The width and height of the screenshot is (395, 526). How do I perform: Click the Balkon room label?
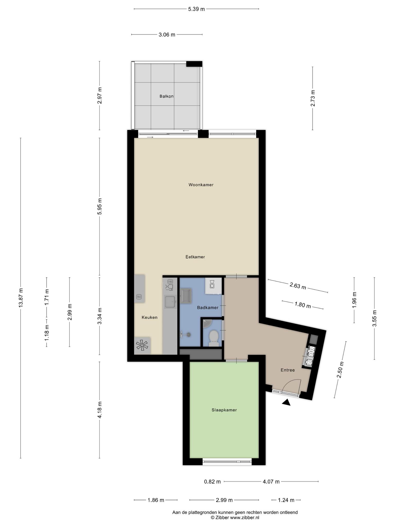(x=166, y=96)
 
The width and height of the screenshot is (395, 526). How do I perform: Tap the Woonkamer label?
(x=201, y=185)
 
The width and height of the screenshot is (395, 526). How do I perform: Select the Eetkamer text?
(x=195, y=257)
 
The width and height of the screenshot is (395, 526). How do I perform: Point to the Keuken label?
(x=149, y=317)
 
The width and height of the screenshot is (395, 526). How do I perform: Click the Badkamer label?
(x=208, y=307)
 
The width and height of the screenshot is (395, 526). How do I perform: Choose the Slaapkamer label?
(x=224, y=410)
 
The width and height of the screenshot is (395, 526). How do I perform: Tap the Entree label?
(x=288, y=370)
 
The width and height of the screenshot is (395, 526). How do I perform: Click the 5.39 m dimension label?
(x=196, y=9)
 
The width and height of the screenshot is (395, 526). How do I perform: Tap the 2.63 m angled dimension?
(x=298, y=286)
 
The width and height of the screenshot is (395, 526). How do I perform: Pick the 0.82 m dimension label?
(x=212, y=482)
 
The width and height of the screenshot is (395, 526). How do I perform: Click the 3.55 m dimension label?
(x=374, y=318)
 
